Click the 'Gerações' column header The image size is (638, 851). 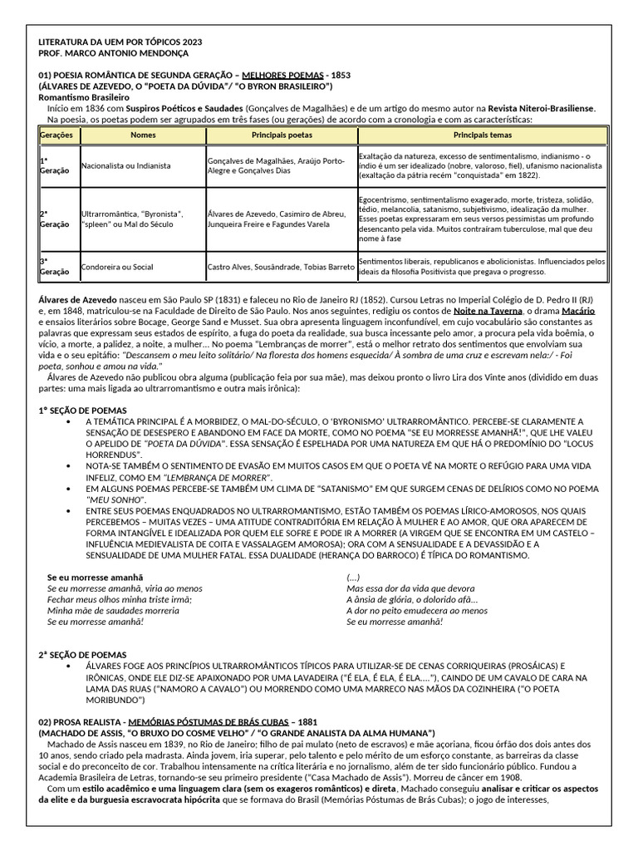click(56, 135)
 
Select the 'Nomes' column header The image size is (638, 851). click(142, 135)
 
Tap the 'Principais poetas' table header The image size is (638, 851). click(282, 135)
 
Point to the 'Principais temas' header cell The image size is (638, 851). click(483, 135)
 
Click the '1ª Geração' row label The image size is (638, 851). click(50, 166)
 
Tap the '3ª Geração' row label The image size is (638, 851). click(50, 268)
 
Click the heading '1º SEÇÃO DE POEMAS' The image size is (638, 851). click(82, 411)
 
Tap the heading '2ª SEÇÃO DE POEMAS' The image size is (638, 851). click(82, 655)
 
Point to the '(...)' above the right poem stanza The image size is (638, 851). click(353, 577)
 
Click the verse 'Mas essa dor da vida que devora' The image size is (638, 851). click(410, 588)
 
